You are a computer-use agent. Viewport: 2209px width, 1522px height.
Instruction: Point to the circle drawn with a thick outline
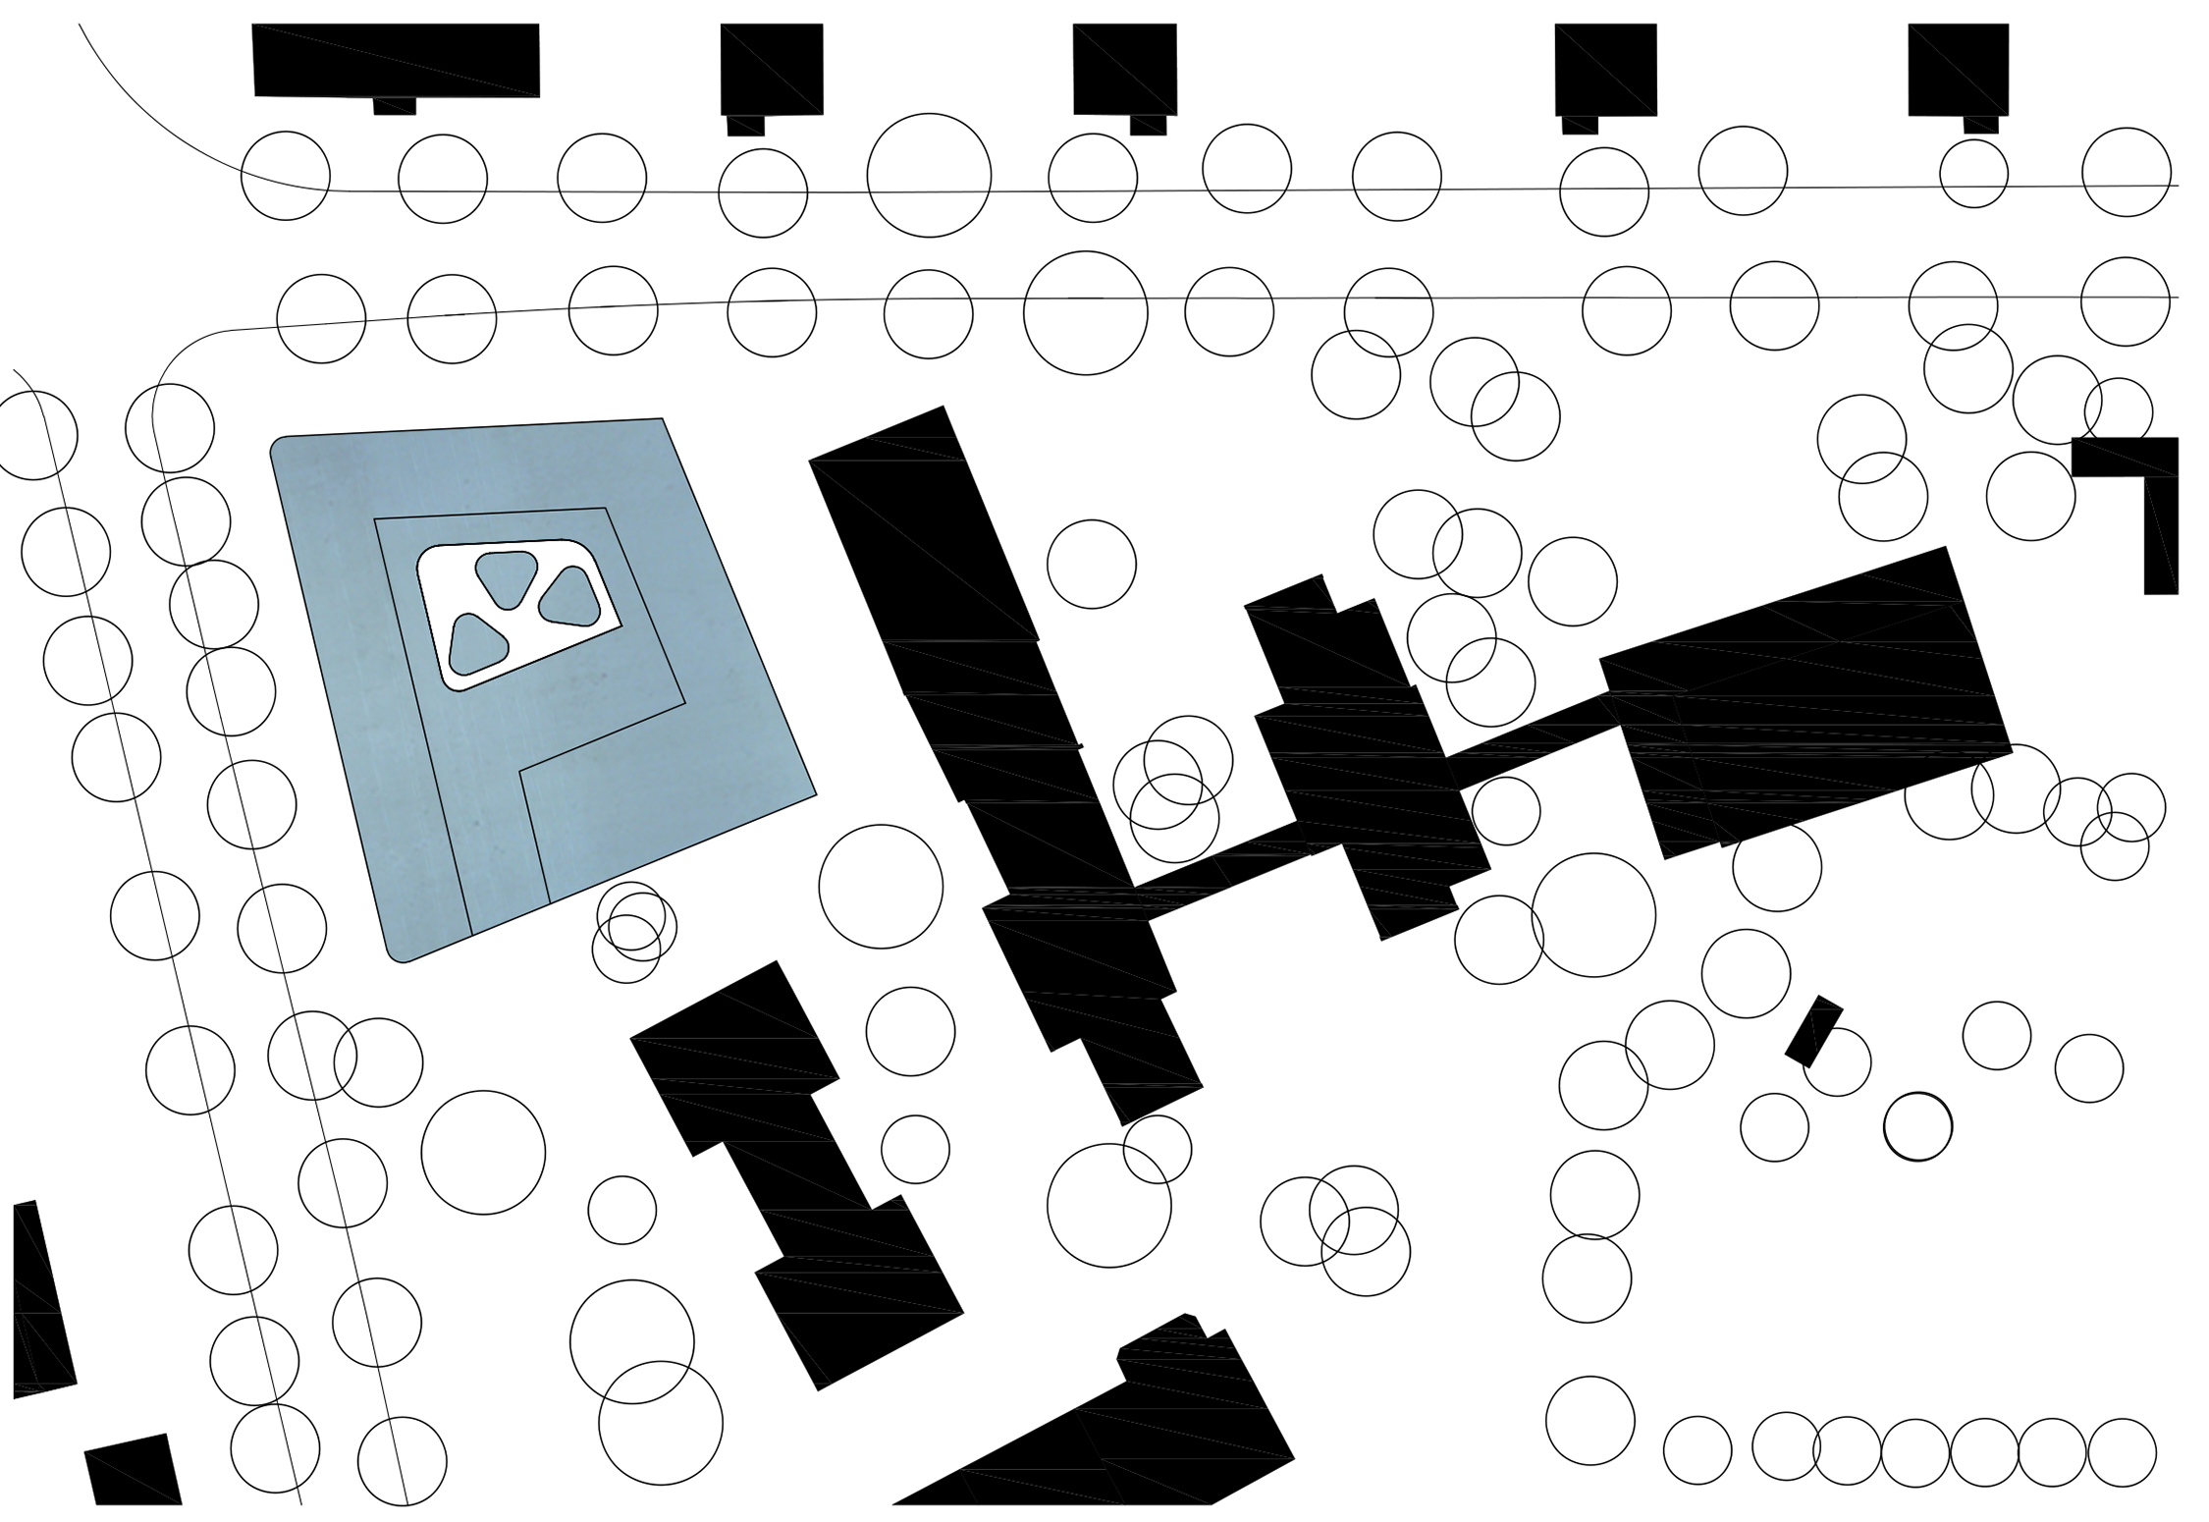tap(1917, 1127)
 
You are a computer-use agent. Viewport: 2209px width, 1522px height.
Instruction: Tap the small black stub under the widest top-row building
tap(395, 106)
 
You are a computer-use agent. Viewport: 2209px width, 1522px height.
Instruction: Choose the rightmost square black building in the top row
tap(1958, 69)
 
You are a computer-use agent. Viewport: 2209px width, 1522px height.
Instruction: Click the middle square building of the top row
tap(1124, 69)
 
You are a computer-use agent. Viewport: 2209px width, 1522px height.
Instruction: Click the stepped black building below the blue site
tap(795, 1169)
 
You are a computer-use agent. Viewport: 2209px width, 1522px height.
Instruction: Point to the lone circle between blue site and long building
tap(881, 887)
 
